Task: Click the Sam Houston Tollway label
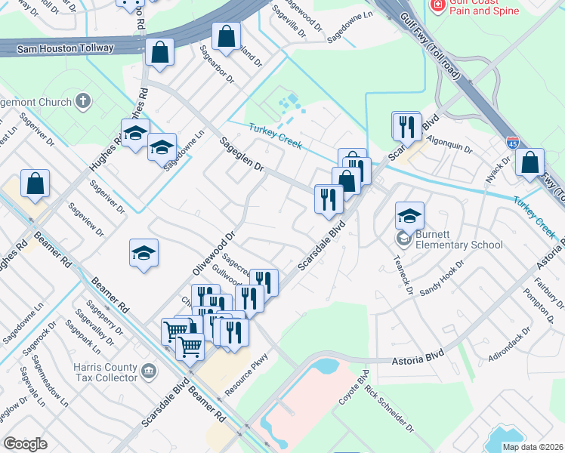(57, 48)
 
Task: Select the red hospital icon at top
(437, 5)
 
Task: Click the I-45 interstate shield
(512, 141)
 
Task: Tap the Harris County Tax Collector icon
(149, 370)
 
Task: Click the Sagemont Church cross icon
(82, 100)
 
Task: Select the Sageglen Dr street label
(242, 154)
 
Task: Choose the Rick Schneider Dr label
(390, 411)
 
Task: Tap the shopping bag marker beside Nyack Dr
(530, 162)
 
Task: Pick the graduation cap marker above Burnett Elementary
(409, 215)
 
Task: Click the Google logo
(25, 444)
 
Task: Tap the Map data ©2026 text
(532, 447)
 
